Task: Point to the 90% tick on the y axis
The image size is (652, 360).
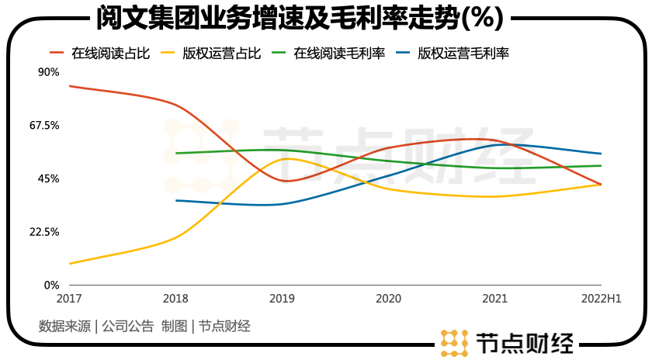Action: pyautogui.click(x=48, y=72)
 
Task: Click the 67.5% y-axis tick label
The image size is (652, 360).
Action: pyautogui.click(x=43, y=126)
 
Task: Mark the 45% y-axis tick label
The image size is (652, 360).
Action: pyautogui.click(x=48, y=178)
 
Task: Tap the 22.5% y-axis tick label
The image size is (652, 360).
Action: pyautogui.click(x=43, y=232)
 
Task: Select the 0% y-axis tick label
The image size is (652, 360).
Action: pyautogui.click(x=50, y=286)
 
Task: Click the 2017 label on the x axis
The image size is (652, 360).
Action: pyautogui.click(x=69, y=298)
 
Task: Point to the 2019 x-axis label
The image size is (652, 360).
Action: pyautogui.click(x=282, y=298)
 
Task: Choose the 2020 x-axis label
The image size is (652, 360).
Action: pyautogui.click(x=388, y=298)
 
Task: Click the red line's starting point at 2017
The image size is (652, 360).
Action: pyautogui.click(x=69, y=85)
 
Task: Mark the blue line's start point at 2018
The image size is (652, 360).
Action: pyautogui.click(x=176, y=200)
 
